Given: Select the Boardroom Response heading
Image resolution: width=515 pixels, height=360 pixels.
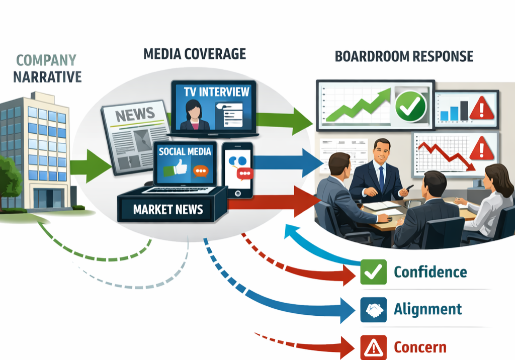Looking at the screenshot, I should [x=404, y=56].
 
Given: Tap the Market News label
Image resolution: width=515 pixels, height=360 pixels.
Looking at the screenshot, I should [x=168, y=209].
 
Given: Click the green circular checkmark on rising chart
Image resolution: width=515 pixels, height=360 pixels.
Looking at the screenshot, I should [x=410, y=105].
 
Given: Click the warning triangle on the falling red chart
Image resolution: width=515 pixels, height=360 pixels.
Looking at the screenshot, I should [x=482, y=149].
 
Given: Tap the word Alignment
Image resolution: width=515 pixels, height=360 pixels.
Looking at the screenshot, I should [x=428, y=309].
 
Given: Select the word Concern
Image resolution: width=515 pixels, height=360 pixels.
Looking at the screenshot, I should [x=420, y=347].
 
